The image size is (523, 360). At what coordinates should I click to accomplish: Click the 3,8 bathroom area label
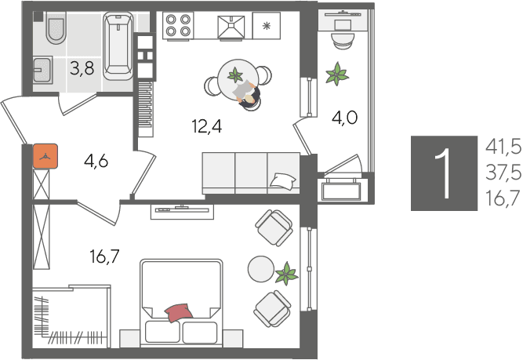(x=82, y=69)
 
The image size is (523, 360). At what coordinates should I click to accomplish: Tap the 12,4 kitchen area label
(x=207, y=126)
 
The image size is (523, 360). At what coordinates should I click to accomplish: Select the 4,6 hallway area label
(x=96, y=162)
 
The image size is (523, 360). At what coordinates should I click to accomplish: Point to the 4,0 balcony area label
(x=345, y=118)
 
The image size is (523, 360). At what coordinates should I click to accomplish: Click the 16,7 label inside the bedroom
(x=104, y=256)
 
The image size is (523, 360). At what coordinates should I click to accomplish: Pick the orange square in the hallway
(x=45, y=156)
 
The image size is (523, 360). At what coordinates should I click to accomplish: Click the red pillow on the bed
(x=179, y=313)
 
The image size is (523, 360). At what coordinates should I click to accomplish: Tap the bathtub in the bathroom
(x=118, y=45)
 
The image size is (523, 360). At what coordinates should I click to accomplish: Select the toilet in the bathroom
(x=56, y=28)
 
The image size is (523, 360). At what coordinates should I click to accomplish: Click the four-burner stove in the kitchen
(x=178, y=25)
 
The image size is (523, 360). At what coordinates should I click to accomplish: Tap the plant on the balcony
(x=337, y=74)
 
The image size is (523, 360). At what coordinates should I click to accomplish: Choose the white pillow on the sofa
(x=283, y=180)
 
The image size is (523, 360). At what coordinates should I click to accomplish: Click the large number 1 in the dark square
(x=444, y=173)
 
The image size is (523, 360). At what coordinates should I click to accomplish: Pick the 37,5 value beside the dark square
(x=503, y=173)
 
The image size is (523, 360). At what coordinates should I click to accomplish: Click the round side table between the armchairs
(x=261, y=269)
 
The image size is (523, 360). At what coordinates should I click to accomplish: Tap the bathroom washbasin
(x=42, y=69)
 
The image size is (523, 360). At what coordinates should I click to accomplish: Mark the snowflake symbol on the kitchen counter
(x=266, y=26)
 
